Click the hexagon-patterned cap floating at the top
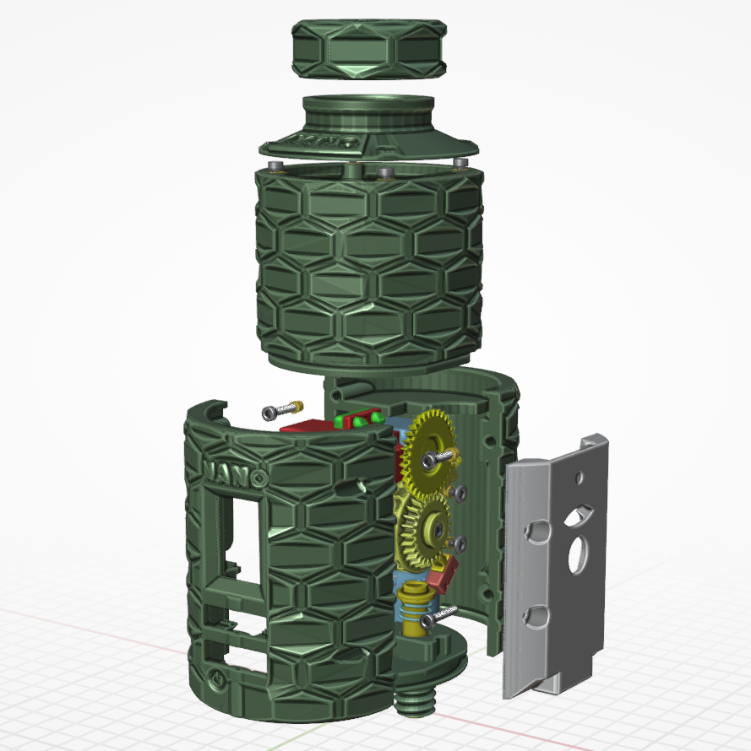(x=369, y=49)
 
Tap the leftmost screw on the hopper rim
(x=275, y=165)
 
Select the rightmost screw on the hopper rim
(x=460, y=163)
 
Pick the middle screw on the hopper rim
(x=385, y=173)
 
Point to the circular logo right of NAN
(x=260, y=478)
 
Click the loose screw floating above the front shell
(x=282, y=410)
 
